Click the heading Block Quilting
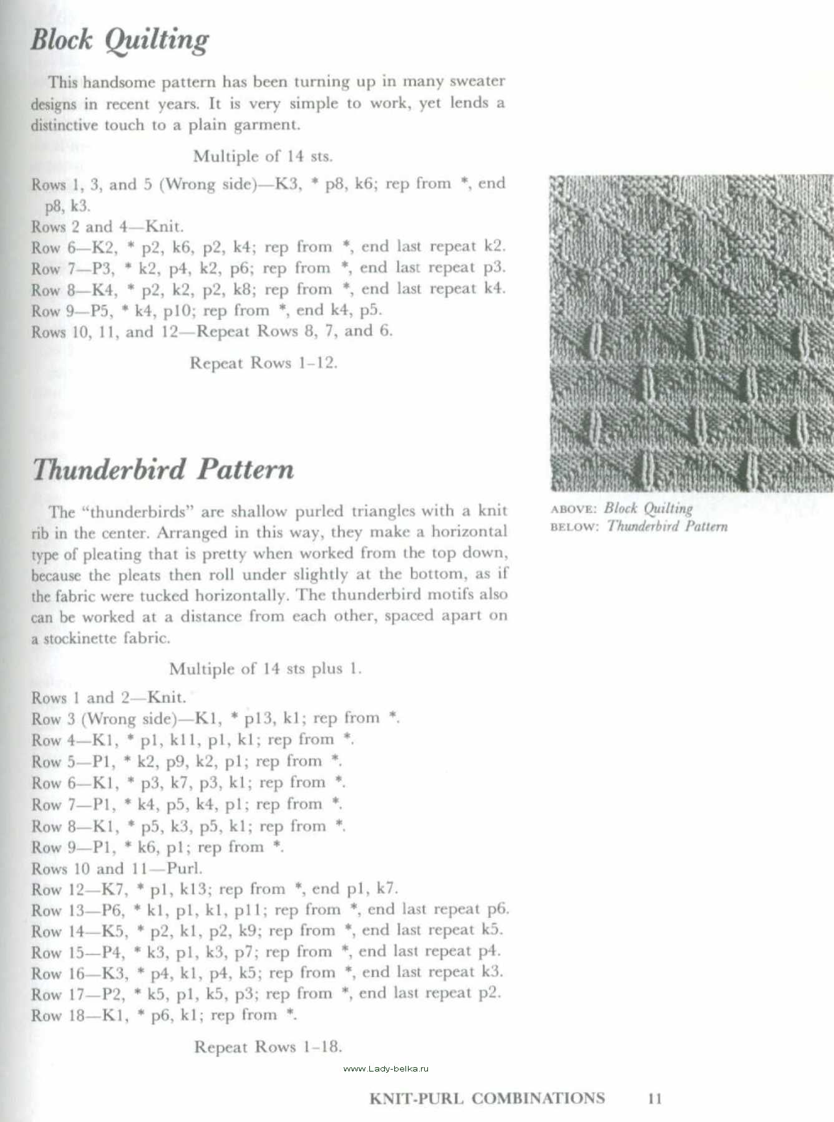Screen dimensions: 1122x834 120,41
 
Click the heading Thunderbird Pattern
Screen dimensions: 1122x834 163,469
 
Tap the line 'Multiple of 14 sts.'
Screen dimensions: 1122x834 263,156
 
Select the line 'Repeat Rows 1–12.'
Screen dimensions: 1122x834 263,363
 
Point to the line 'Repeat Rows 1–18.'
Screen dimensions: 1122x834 268,1047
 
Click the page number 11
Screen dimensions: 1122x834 654,1098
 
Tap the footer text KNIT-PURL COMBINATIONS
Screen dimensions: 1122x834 487,1098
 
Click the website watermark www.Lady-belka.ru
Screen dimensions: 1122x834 385,1068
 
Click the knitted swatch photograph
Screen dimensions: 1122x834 691,333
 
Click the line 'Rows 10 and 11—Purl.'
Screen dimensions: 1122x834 117,868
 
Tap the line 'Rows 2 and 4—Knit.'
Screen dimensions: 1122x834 107,227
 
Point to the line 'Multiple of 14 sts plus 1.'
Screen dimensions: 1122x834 265,669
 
